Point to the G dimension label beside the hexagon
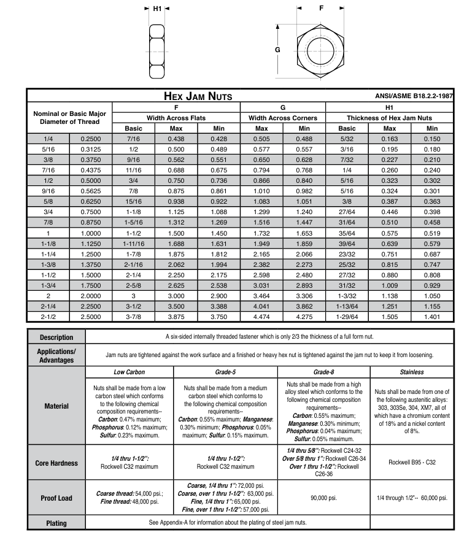click(278, 49)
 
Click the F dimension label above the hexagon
click(321, 9)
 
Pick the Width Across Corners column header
click(283, 118)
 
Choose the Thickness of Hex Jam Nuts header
click(389, 118)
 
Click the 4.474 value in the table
click(261, 317)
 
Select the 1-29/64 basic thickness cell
click(347, 317)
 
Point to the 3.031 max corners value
click(261, 285)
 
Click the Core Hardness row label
click(56, 463)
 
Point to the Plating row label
click(56, 523)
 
